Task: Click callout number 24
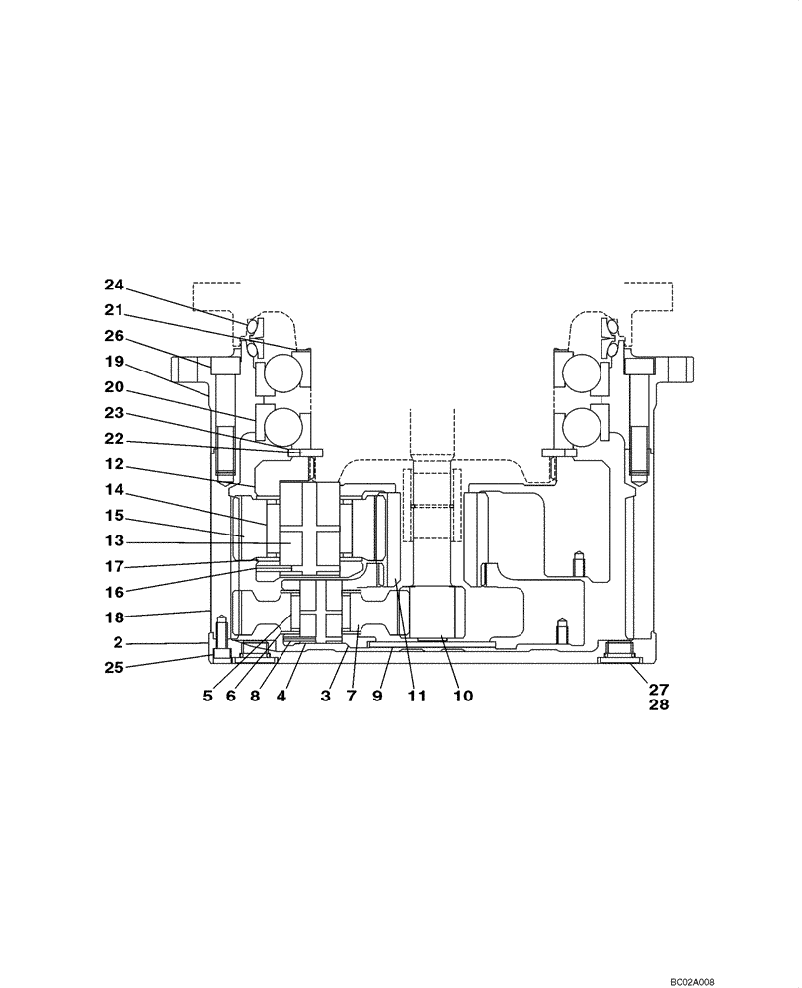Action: [117, 285]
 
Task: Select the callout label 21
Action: [117, 310]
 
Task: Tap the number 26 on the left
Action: [117, 335]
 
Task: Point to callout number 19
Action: [117, 361]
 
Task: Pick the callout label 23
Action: [117, 413]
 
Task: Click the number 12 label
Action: [117, 464]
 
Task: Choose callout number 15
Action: [117, 515]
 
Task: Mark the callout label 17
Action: [117, 566]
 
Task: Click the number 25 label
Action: [117, 668]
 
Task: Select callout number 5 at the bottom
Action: [207, 696]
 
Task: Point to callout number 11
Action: [416, 696]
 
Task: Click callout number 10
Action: [462, 696]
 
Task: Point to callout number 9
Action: [377, 696]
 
